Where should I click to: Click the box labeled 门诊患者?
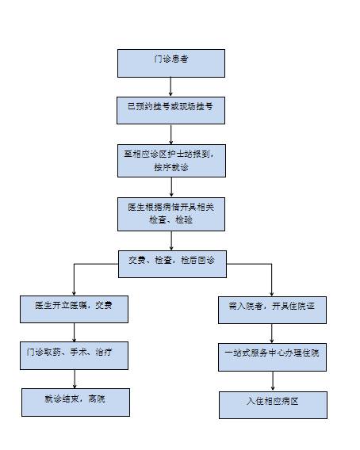[x=171, y=63]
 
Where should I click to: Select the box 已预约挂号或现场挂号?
[x=170, y=110]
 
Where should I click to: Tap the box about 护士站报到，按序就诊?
[x=171, y=161]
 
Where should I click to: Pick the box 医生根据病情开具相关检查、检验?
[x=171, y=214]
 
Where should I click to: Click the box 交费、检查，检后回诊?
[x=172, y=264]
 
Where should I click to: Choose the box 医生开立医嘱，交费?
[x=74, y=309]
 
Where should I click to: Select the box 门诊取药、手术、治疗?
[x=74, y=356]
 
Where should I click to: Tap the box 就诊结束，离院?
[x=75, y=402]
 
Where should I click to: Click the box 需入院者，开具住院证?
[x=272, y=311]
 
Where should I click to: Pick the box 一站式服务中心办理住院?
[x=272, y=357]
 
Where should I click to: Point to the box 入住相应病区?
[x=273, y=405]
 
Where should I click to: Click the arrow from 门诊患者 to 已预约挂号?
[x=170, y=86]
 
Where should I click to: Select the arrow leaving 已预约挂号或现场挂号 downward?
[x=171, y=135]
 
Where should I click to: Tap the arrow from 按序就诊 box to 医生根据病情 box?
[x=171, y=187]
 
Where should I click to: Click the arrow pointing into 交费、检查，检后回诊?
[x=171, y=241]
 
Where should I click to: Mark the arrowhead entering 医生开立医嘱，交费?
[x=74, y=294]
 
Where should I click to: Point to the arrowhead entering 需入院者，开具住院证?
[x=272, y=294]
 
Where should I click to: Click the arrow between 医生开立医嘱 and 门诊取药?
[x=74, y=333]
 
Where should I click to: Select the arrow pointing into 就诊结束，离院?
[x=75, y=379]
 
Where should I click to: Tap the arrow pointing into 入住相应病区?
[x=273, y=381]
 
